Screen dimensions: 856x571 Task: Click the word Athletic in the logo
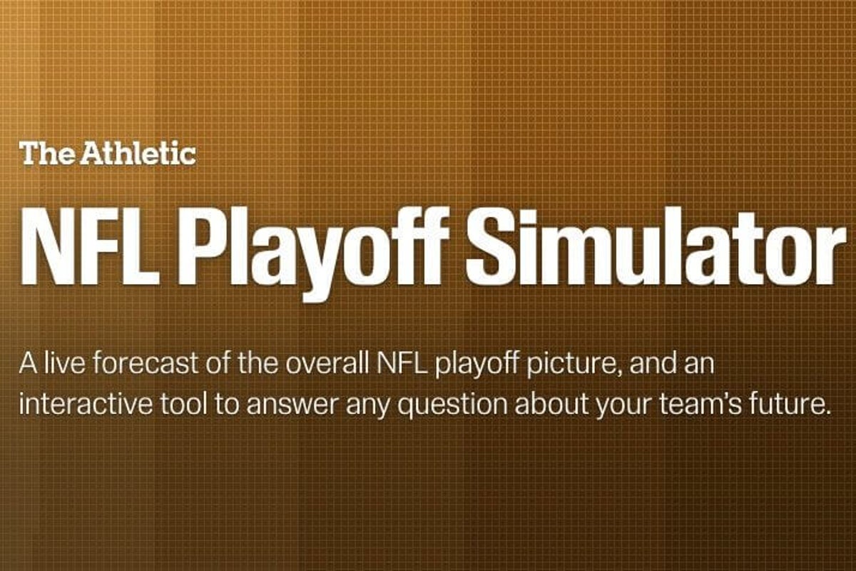pos(138,153)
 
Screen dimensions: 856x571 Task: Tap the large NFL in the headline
pos(90,246)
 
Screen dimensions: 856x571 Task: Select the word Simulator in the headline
pos(655,246)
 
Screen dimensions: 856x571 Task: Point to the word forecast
pos(146,363)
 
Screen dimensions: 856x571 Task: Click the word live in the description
pos(63,363)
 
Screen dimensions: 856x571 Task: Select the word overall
pos(327,363)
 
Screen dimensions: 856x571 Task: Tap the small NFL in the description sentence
pos(401,364)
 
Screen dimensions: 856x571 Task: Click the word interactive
pos(86,404)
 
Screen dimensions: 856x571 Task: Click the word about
pos(550,404)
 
